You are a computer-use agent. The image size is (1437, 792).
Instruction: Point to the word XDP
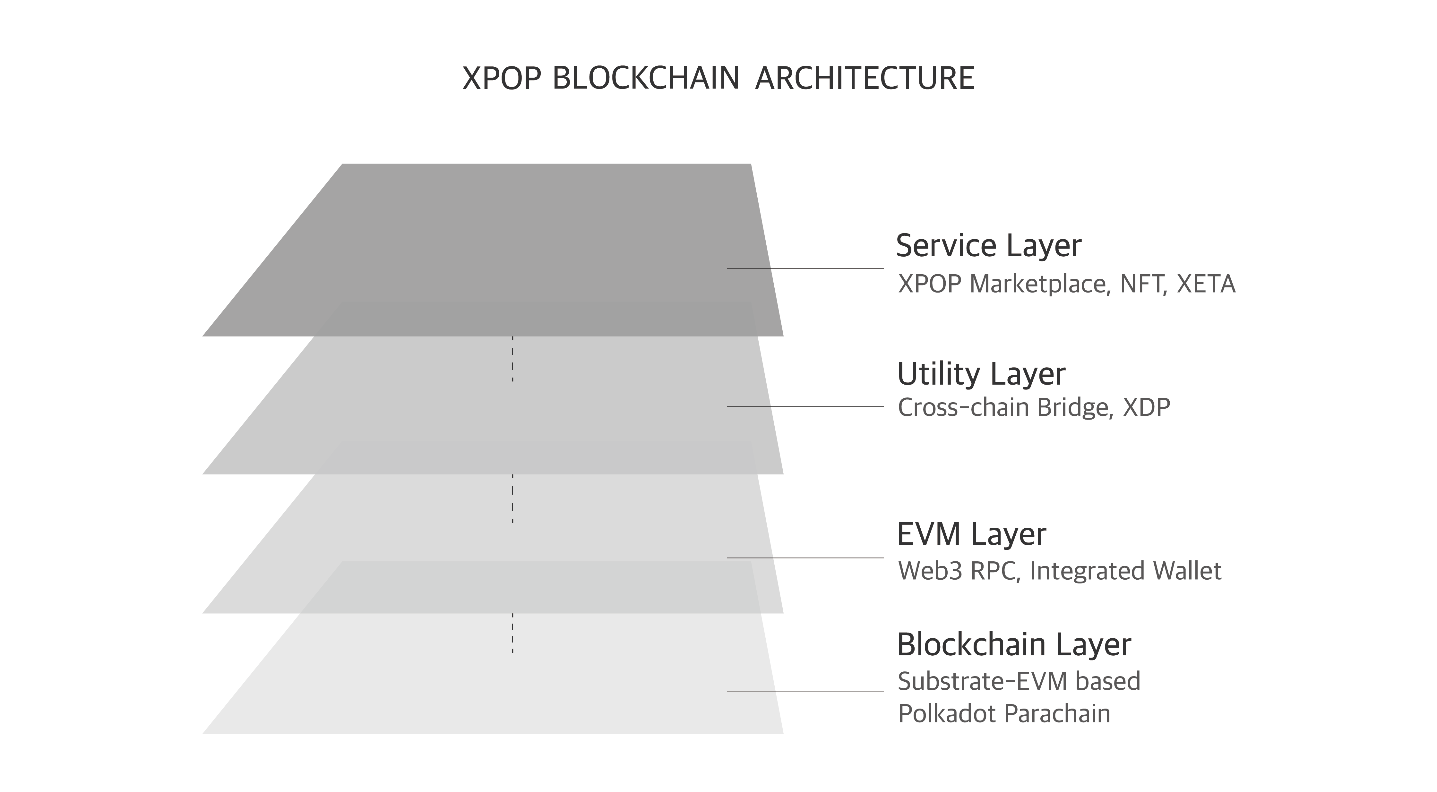pos(1146,408)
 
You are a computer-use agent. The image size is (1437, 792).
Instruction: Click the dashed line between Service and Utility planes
pos(513,359)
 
